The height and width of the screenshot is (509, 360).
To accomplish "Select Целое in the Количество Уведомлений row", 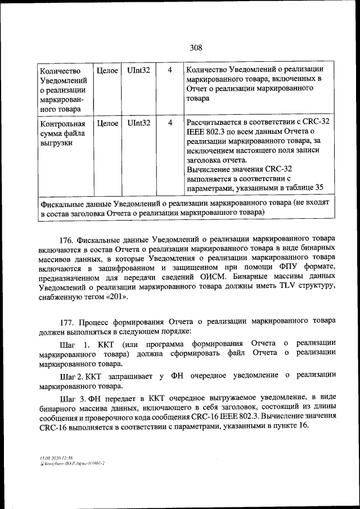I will [107, 71].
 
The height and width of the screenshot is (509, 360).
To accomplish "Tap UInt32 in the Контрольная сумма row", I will [138, 122].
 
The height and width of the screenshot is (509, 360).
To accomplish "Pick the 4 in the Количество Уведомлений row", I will [170, 71].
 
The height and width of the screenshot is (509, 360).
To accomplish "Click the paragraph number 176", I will [66, 237].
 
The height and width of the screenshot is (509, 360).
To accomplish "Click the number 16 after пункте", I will [304, 426].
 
